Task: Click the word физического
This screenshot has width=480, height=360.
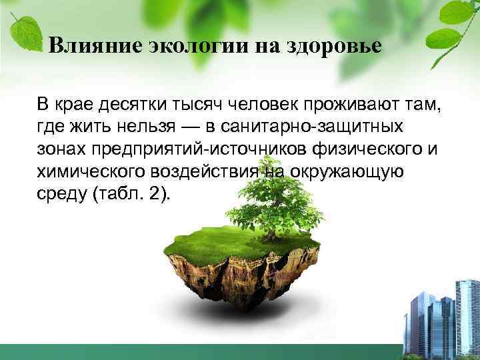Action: (364, 148)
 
